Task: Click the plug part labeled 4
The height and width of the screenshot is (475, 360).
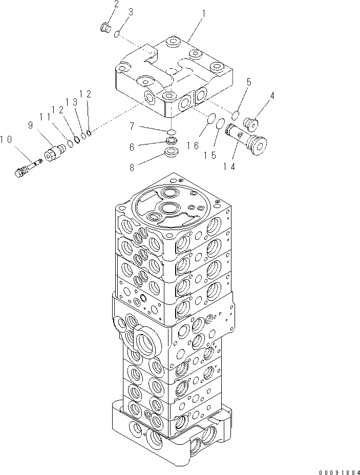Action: pyautogui.click(x=252, y=123)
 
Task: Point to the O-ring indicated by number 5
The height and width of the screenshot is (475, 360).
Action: pyautogui.click(x=236, y=114)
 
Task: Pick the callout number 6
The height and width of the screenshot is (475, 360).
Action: pyautogui.click(x=132, y=147)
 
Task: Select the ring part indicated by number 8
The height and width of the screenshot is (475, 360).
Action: pyautogui.click(x=173, y=153)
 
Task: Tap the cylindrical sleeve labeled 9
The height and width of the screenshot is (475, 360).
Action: pyautogui.click(x=54, y=153)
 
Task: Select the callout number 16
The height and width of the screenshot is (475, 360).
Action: pyautogui.click(x=193, y=146)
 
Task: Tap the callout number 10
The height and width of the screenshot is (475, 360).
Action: pyautogui.click(x=7, y=139)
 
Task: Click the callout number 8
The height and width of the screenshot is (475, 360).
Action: pyautogui.click(x=132, y=167)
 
